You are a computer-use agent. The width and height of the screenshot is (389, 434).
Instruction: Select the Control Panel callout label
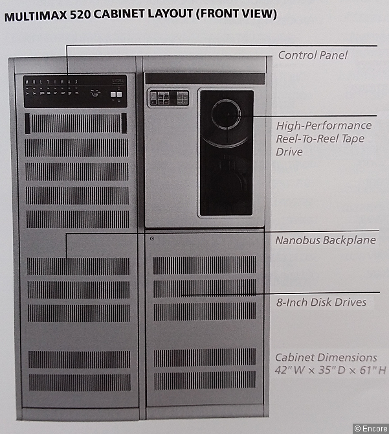313,55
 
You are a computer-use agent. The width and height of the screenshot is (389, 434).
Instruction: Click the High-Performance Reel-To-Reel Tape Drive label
324,138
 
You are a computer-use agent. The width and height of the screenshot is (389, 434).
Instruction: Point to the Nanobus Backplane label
325,240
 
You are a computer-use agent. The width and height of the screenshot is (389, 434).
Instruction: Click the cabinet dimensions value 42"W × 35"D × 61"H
330,371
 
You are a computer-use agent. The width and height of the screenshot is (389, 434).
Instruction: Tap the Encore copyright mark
370,428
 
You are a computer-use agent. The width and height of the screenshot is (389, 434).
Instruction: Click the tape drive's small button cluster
168,98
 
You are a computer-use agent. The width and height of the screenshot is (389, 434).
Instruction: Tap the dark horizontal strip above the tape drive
204,78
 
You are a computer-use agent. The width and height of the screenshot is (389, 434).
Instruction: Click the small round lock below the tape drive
151,238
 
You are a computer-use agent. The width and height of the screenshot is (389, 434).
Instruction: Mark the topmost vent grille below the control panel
76,123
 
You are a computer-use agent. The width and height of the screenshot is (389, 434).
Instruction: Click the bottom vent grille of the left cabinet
78,382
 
